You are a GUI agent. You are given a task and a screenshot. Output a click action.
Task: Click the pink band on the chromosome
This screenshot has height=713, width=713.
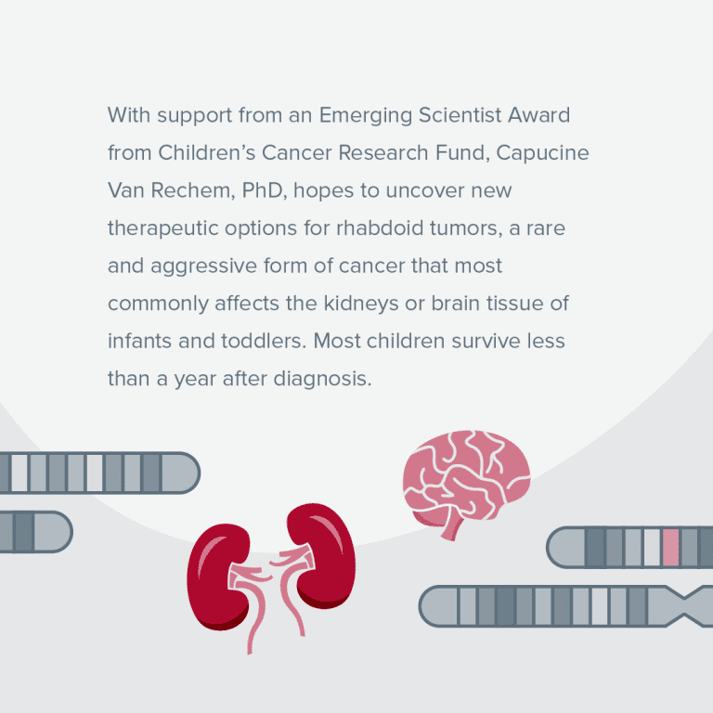click(670, 547)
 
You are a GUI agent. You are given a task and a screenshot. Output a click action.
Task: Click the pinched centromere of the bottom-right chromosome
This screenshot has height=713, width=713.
click(685, 606)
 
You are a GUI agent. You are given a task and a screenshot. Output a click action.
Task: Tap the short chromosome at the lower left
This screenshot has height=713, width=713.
click(35, 532)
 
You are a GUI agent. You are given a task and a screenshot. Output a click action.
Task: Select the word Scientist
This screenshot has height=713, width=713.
click(460, 115)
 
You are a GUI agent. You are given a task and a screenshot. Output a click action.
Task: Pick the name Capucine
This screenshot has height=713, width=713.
click(542, 154)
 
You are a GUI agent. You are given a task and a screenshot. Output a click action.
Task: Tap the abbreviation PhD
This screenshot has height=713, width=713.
click(265, 190)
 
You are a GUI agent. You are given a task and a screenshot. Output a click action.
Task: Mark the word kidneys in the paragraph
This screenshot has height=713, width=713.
click(361, 305)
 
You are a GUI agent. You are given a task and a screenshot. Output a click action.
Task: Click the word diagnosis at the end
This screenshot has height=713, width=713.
click(322, 380)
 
